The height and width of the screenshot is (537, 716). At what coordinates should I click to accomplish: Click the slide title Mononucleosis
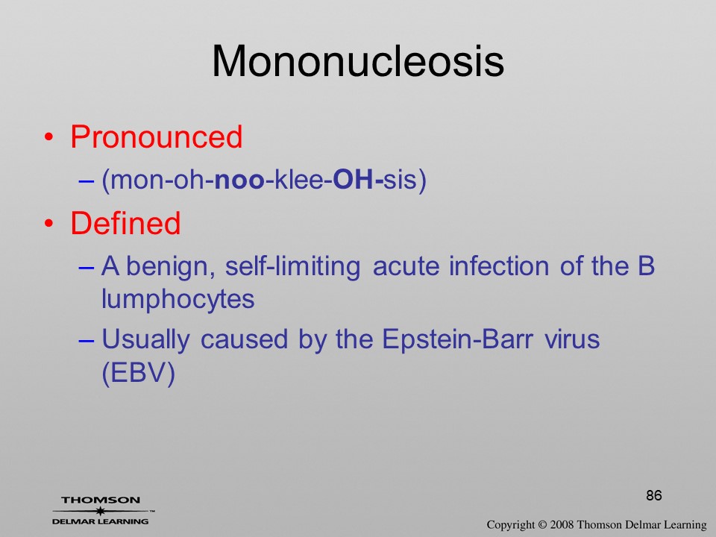(358, 61)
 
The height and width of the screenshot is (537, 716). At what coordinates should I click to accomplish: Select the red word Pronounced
(156, 136)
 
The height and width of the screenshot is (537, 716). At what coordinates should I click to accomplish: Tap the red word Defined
(125, 223)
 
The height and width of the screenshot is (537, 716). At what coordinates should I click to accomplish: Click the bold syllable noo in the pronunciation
(239, 180)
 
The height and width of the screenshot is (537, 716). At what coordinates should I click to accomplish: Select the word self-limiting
(292, 267)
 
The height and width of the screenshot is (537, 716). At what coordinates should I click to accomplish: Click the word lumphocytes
(178, 300)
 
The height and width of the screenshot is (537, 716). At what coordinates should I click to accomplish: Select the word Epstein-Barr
(457, 340)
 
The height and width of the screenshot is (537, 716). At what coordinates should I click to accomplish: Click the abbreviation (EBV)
(139, 374)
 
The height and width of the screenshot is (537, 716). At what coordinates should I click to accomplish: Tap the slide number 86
(654, 495)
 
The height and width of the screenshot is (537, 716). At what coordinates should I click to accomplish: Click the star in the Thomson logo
(100, 511)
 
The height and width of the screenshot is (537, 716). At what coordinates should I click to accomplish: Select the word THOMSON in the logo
(101, 500)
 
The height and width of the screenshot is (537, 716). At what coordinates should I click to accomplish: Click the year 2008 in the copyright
(562, 525)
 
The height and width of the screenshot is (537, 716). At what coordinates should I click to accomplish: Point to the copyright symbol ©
(542, 525)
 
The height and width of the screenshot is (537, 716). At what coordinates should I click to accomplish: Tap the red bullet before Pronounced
(49, 137)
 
